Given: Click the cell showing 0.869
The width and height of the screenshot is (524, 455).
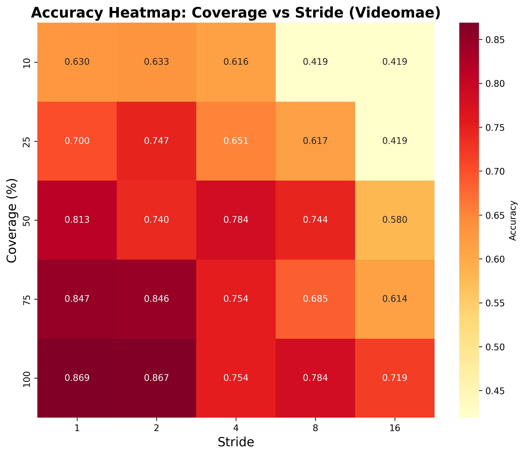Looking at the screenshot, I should tap(77, 378).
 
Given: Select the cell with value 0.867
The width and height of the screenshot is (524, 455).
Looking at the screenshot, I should tap(157, 378).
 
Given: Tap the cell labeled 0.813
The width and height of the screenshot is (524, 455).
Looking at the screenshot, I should tap(77, 220).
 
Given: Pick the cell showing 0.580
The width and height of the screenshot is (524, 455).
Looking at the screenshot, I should tap(395, 220).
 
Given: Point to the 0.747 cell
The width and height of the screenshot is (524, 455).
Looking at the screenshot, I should tap(157, 141).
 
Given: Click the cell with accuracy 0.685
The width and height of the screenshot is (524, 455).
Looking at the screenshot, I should tap(315, 299).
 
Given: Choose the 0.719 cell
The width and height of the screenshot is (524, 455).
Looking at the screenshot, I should tap(395, 378).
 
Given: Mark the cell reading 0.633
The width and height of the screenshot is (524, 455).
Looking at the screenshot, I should tap(157, 62).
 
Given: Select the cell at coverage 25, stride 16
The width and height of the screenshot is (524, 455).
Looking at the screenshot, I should tap(395, 141).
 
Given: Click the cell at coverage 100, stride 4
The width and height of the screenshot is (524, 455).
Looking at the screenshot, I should tap(236, 378).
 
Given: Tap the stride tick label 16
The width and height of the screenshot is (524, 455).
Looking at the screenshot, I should tap(395, 428).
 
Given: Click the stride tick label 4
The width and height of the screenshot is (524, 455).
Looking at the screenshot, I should tap(236, 428).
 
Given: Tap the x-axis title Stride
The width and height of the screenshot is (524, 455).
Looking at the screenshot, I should tap(236, 442).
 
